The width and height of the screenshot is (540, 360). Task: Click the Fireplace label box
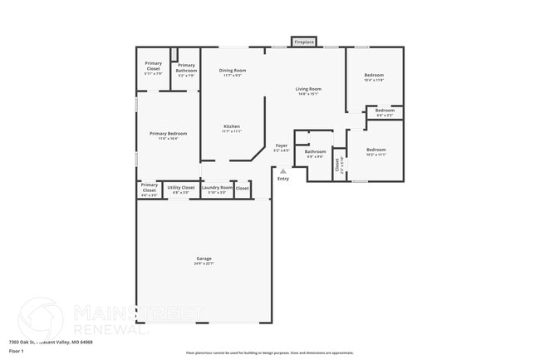(304, 42)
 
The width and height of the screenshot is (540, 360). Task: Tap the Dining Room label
(233, 71)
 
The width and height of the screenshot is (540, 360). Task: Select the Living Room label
(309, 89)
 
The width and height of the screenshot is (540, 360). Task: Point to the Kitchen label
(231, 126)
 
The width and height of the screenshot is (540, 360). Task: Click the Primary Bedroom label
(168, 134)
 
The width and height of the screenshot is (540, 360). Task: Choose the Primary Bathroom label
(186, 66)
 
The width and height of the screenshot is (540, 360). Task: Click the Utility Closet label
(181, 188)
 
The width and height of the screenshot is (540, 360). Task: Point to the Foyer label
(282, 145)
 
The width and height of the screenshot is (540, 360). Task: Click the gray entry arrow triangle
(282, 171)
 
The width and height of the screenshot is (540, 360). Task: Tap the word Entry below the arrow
(283, 179)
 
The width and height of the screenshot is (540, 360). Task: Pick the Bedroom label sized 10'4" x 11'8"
(374, 76)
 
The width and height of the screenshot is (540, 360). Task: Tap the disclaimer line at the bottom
(269, 353)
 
